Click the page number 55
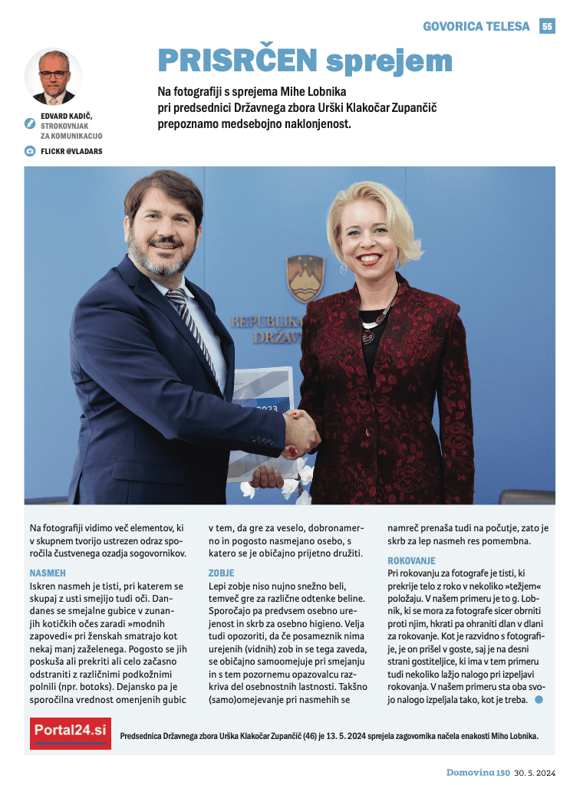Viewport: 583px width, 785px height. pos(547,26)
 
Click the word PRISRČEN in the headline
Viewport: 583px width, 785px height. pos(237,60)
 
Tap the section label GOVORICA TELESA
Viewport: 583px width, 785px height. pos(476,26)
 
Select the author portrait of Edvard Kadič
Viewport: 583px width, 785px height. pos(54,77)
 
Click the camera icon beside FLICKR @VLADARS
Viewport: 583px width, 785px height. pos(30,151)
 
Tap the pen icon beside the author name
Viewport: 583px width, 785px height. pos(30,120)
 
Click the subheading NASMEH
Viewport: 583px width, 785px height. pos(48,573)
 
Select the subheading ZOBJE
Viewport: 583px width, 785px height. pos(221,573)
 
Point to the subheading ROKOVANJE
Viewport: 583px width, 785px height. pos(411,561)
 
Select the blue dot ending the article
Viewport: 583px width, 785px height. pos(539,699)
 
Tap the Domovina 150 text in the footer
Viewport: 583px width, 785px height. pos(478,772)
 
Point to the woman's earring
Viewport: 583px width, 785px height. pos(343,269)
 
